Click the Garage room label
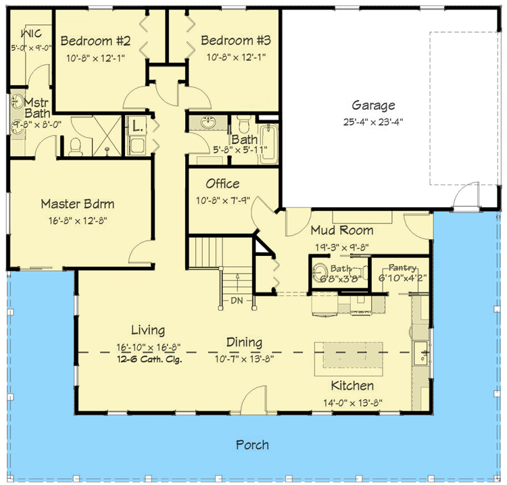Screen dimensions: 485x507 point(373,105)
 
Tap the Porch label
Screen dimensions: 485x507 point(252,444)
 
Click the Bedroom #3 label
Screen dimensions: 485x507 point(236,41)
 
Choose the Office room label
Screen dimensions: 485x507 point(222,184)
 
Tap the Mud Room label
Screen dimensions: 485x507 point(341,230)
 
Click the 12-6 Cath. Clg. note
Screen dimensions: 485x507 point(148,359)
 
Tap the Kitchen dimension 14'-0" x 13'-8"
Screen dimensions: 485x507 point(352,402)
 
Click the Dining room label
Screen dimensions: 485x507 point(244,342)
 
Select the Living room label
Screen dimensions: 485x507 point(148,330)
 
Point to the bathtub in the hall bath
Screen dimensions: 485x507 point(268,142)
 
